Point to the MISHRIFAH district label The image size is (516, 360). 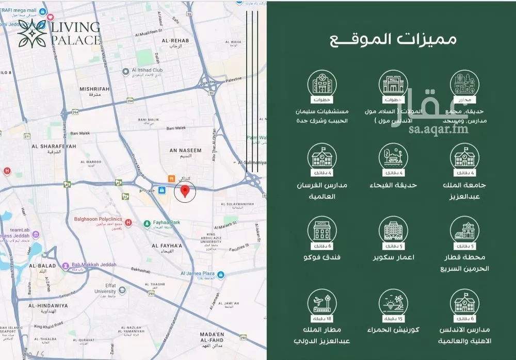(94, 89)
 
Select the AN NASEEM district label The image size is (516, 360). (186, 150)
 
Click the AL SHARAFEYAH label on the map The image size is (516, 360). (54, 146)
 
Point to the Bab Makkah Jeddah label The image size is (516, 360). (93, 265)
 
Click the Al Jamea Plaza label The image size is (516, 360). (195, 274)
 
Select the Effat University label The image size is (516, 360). (105, 288)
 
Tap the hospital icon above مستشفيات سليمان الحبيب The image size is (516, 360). (322, 84)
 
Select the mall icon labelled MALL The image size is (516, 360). (393, 84)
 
